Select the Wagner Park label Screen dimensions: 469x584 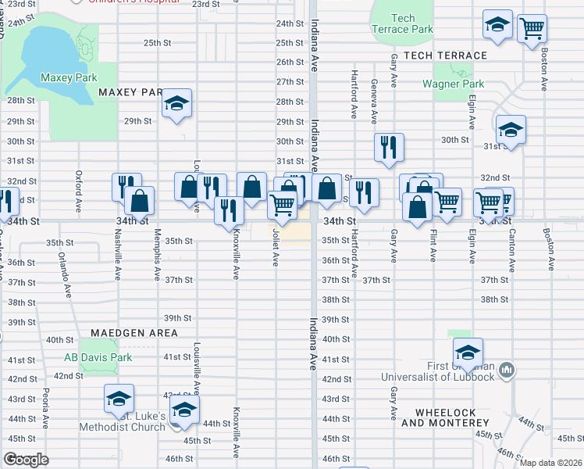(x=453, y=84)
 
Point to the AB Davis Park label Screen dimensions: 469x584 (x=98, y=358)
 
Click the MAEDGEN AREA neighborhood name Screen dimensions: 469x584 (x=134, y=333)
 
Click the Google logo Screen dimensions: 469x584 (x=26, y=460)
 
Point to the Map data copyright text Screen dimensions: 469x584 (x=550, y=463)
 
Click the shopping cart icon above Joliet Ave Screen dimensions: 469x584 (x=281, y=206)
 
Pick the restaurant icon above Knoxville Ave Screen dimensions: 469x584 (x=229, y=210)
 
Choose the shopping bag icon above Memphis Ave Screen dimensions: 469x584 (x=139, y=201)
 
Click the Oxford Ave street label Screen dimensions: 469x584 (x=78, y=192)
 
